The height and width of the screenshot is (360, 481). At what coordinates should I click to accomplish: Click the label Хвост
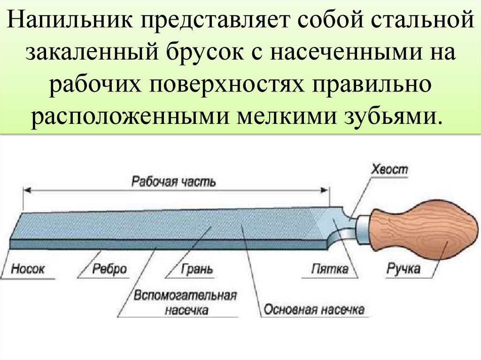[x=389, y=169]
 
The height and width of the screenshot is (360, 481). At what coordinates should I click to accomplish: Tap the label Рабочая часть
[x=173, y=181]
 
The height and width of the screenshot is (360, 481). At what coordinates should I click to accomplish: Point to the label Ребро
[x=109, y=269]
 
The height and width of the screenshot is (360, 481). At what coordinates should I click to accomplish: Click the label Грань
[x=196, y=269]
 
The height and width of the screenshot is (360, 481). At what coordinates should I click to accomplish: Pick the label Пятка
[x=330, y=269]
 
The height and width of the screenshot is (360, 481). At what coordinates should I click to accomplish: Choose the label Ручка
[x=403, y=269]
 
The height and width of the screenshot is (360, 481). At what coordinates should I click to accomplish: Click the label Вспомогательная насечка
[x=185, y=303]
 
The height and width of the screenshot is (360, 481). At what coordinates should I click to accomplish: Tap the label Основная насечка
[x=314, y=310]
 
